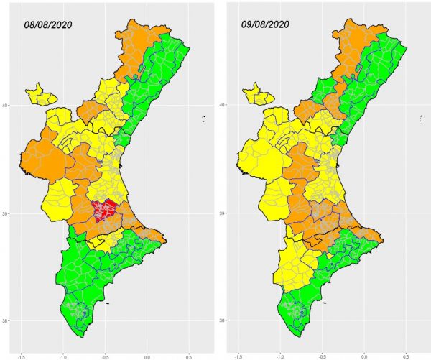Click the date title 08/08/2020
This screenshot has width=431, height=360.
click(x=48, y=24)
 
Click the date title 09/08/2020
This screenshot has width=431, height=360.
click(x=265, y=24)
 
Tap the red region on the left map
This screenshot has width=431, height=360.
click(x=104, y=210)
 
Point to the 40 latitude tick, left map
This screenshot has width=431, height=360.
click(x=4, y=105)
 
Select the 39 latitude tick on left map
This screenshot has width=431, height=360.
click(x=4, y=213)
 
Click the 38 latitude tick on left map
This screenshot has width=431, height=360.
click(x=4, y=320)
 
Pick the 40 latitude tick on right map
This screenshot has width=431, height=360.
click(x=221, y=104)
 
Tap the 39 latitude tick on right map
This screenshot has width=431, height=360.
click(x=221, y=213)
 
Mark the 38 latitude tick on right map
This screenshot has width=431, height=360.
click(x=221, y=320)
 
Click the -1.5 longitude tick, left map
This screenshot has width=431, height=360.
click(x=21, y=357)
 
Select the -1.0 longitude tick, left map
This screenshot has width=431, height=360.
click(x=63, y=357)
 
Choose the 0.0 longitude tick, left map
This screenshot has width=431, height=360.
click(x=147, y=357)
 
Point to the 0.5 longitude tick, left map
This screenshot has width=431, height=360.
click(x=189, y=357)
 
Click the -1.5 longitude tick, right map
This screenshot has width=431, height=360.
click(x=238, y=357)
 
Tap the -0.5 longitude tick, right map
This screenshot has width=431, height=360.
click(x=322, y=357)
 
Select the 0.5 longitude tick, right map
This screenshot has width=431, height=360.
click(x=406, y=357)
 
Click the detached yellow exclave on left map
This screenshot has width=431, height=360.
click(x=41, y=95)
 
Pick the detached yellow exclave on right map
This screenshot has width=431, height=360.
click(x=259, y=95)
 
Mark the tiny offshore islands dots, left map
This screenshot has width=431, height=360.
click(x=204, y=119)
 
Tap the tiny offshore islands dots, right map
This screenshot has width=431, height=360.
click(x=421, y=119)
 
